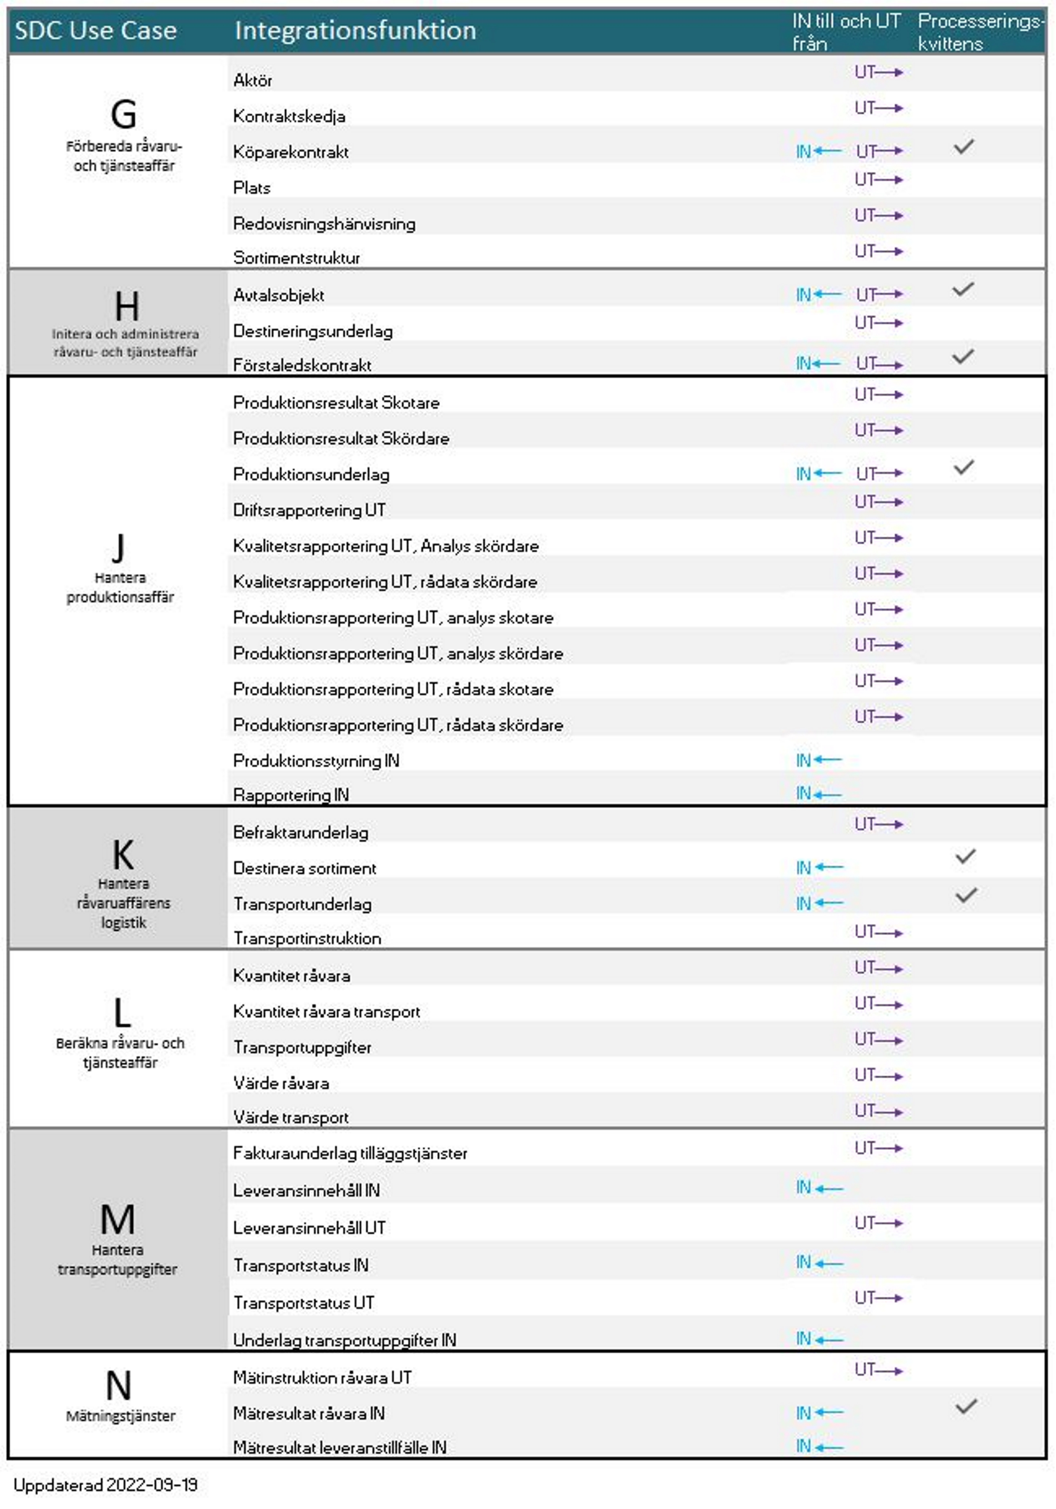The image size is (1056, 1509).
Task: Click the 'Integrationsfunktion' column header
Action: coord(355,31)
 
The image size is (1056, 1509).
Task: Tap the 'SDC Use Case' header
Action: coord(96,31)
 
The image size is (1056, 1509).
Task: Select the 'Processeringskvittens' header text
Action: coord(979,32)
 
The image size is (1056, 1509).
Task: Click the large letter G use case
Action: coord(124,114)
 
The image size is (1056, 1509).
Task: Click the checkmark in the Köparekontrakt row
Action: coord(963,147)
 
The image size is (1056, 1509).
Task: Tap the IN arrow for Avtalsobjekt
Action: coord(819,295)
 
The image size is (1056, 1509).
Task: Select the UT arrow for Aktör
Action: coord(879,72)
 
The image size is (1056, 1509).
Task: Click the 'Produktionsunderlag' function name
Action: coord(311,475)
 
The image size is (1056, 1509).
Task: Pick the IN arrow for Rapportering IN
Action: coord(819,794)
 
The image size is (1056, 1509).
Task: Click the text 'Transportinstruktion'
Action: coord(307,939)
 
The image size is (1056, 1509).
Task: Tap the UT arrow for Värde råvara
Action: coord(879,1076)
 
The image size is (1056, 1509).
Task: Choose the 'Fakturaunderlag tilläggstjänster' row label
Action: coord(350,1153)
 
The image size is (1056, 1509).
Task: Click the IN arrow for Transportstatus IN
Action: coord(819,1262)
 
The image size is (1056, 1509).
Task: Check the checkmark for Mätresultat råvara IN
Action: coord(965,1406)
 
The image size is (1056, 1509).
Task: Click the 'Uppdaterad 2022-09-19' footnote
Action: coord(105,1485)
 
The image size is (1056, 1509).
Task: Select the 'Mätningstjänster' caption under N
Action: coord(120,1416)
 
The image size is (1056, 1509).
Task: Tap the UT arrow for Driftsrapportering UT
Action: coord(879,503)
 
